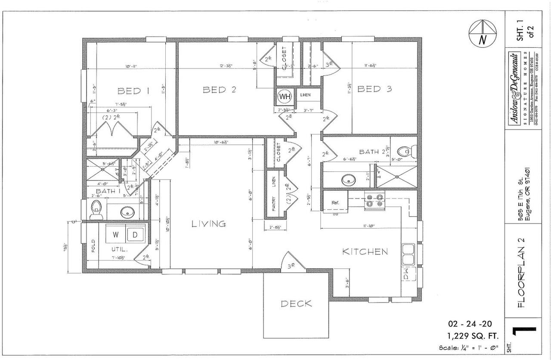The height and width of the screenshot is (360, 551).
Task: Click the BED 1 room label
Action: [x=133, y=91]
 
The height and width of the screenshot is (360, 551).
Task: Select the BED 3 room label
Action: [x=375, y=89]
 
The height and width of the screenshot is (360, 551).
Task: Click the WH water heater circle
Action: [x=285, y=96]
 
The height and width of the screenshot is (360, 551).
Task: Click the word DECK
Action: [x=296, y=304]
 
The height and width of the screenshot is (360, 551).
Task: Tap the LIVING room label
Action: [x=208, y=223]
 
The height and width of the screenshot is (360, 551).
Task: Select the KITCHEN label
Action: [x=365, y=251]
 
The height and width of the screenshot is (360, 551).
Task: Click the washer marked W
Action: [x=116, y=235]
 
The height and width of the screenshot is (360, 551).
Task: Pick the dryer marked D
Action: [x=135, y=235]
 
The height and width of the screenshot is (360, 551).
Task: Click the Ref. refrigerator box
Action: [x=336, y=202]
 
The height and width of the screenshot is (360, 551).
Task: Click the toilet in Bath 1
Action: [x=96, y=210]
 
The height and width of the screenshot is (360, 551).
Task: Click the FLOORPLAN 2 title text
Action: [x=520, y=271]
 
